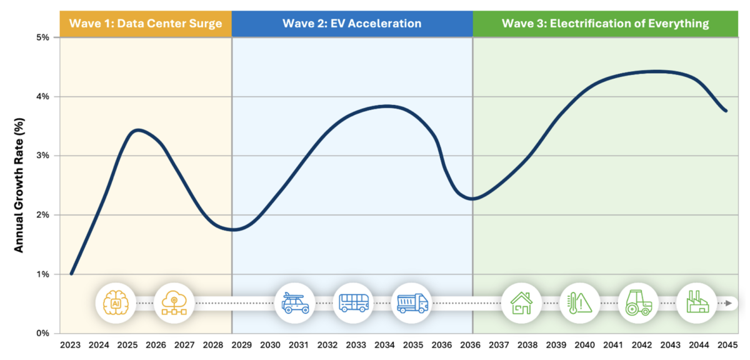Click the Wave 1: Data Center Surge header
pos(145,24)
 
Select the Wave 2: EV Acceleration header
pos(352,24)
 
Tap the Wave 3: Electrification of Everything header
pos(605,24)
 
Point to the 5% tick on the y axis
pos(42,37)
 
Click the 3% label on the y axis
pos(42,156)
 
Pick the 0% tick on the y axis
pos(42,333)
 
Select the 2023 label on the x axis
pos(70,345)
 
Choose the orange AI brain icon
pos(115,303)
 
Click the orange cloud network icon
pos(173,303)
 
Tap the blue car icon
pos(294,303)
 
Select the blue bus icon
pos(353,303)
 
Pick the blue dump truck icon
pos(412,303)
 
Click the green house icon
pos(521,303)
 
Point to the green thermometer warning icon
pos(579,303)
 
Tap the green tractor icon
pos(638,303)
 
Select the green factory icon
pos(696,303)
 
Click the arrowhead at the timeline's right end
pos(728,303)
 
